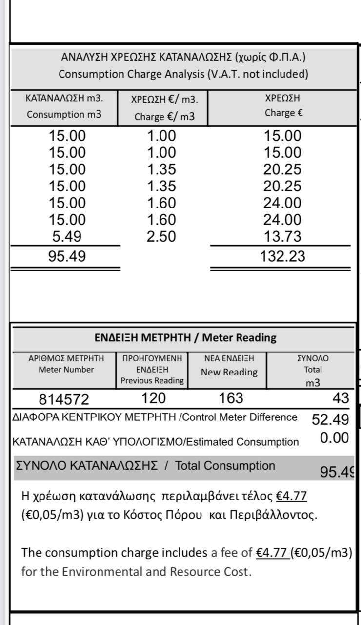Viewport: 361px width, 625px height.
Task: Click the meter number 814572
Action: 64,399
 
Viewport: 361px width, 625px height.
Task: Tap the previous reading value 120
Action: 154,398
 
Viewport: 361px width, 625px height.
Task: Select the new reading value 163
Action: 231,398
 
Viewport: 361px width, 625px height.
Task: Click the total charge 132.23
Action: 282,256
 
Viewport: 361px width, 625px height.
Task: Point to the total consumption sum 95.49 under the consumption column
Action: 67,256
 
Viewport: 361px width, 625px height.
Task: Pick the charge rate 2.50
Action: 161,237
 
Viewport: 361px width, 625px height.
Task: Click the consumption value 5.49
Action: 67,237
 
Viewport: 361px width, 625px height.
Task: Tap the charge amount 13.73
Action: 282,237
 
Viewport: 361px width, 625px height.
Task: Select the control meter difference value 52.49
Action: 330,419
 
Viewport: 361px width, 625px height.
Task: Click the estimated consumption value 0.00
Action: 334,438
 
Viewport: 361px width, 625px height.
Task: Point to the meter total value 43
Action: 341,398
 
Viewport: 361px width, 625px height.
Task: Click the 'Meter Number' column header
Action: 66,370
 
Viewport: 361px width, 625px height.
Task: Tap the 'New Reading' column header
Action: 229,372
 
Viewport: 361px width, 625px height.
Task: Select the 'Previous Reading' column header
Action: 152,380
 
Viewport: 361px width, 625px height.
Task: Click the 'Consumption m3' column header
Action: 64,115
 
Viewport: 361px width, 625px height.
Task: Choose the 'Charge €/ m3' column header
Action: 164,117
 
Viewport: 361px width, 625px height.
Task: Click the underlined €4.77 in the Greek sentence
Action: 291,496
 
